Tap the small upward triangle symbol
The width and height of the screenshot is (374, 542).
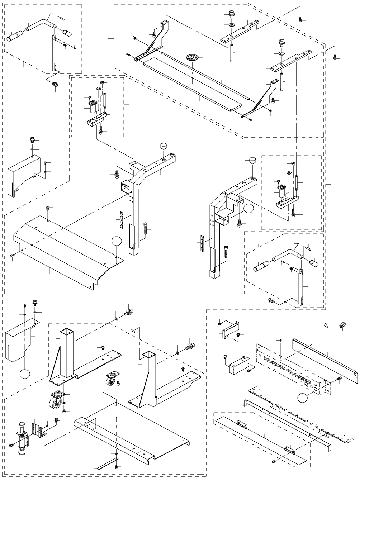click(x=326, y=325)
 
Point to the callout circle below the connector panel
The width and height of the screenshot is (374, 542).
click(x=303, y=397)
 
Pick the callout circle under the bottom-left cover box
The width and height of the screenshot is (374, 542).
click(x=25, y=374)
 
